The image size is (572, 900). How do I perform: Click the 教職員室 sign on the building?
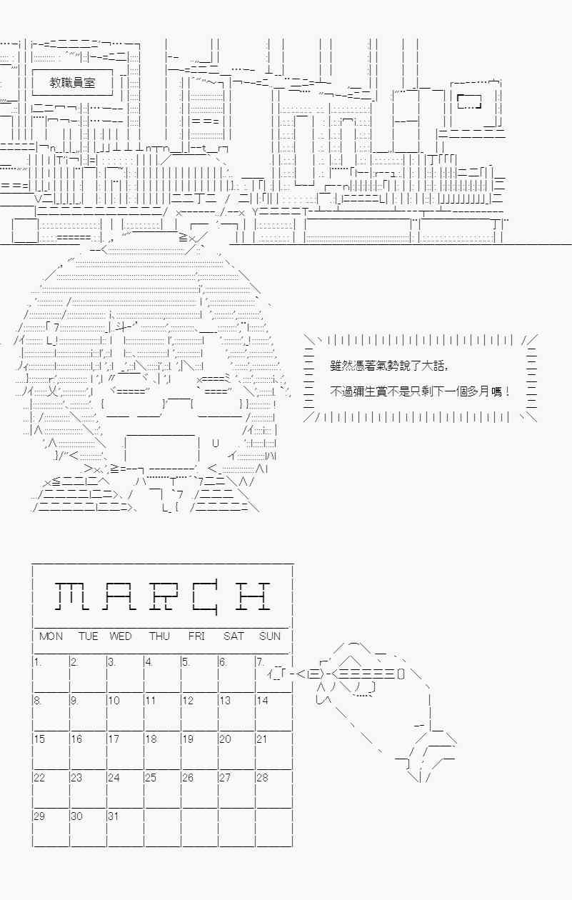(72, 83)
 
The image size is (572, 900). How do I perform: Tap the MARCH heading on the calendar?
(163, 596)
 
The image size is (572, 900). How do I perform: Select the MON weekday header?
(51, 636)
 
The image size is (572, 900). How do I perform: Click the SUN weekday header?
(270, 636)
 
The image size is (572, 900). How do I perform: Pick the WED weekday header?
(121, 636)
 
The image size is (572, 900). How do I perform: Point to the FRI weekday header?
(196, 636)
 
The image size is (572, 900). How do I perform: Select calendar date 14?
(262, 701)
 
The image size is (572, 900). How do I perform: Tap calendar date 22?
(39, 777)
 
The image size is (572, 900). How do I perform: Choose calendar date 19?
(188, 739)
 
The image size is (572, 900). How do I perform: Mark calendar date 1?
(37, 662)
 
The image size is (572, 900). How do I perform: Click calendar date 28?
(262, 777)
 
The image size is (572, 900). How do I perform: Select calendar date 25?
(151, 777)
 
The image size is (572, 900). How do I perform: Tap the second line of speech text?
(421, 391)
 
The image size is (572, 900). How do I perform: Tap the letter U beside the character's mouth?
(216, 444)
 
